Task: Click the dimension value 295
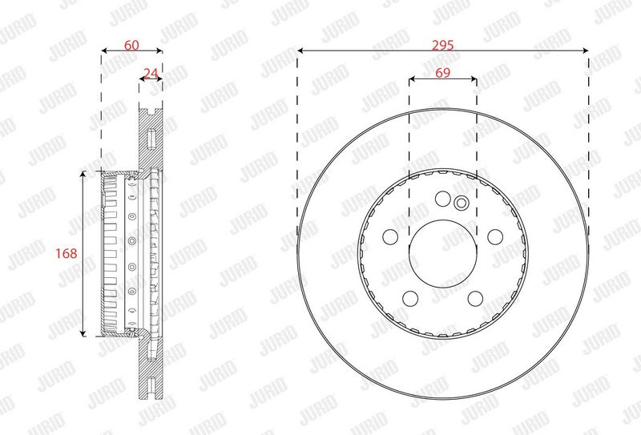tap(443, 45)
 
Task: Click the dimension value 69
tap(443, 73)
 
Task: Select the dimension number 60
tap(131, 45)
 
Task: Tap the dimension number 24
tap(151, 73)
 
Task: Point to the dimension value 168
tap(67, 253)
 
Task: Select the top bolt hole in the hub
tap(443, 199)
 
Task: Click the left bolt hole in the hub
tap(390, 236)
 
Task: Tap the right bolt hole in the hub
tap(495, 236)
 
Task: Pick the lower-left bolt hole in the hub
tap(410, 299)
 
